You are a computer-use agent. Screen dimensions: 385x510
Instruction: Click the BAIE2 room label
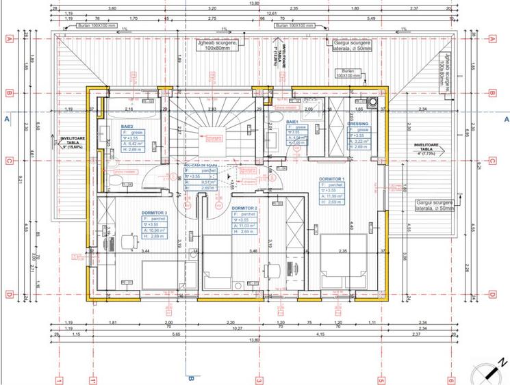pos(127,127)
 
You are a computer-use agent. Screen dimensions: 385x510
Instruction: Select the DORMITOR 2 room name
pos(244,208)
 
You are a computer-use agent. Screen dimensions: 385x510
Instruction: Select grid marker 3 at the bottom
pos(259,380)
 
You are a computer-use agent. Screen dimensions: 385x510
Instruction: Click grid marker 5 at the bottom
pos(381,380)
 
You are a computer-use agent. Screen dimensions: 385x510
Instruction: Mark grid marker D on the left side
pos(10,295)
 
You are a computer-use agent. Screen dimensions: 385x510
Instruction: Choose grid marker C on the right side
pos(492,161)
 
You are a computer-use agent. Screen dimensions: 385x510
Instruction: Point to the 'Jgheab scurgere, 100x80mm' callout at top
pos(216,45)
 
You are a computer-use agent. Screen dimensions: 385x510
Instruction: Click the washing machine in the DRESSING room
pos(372,104)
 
